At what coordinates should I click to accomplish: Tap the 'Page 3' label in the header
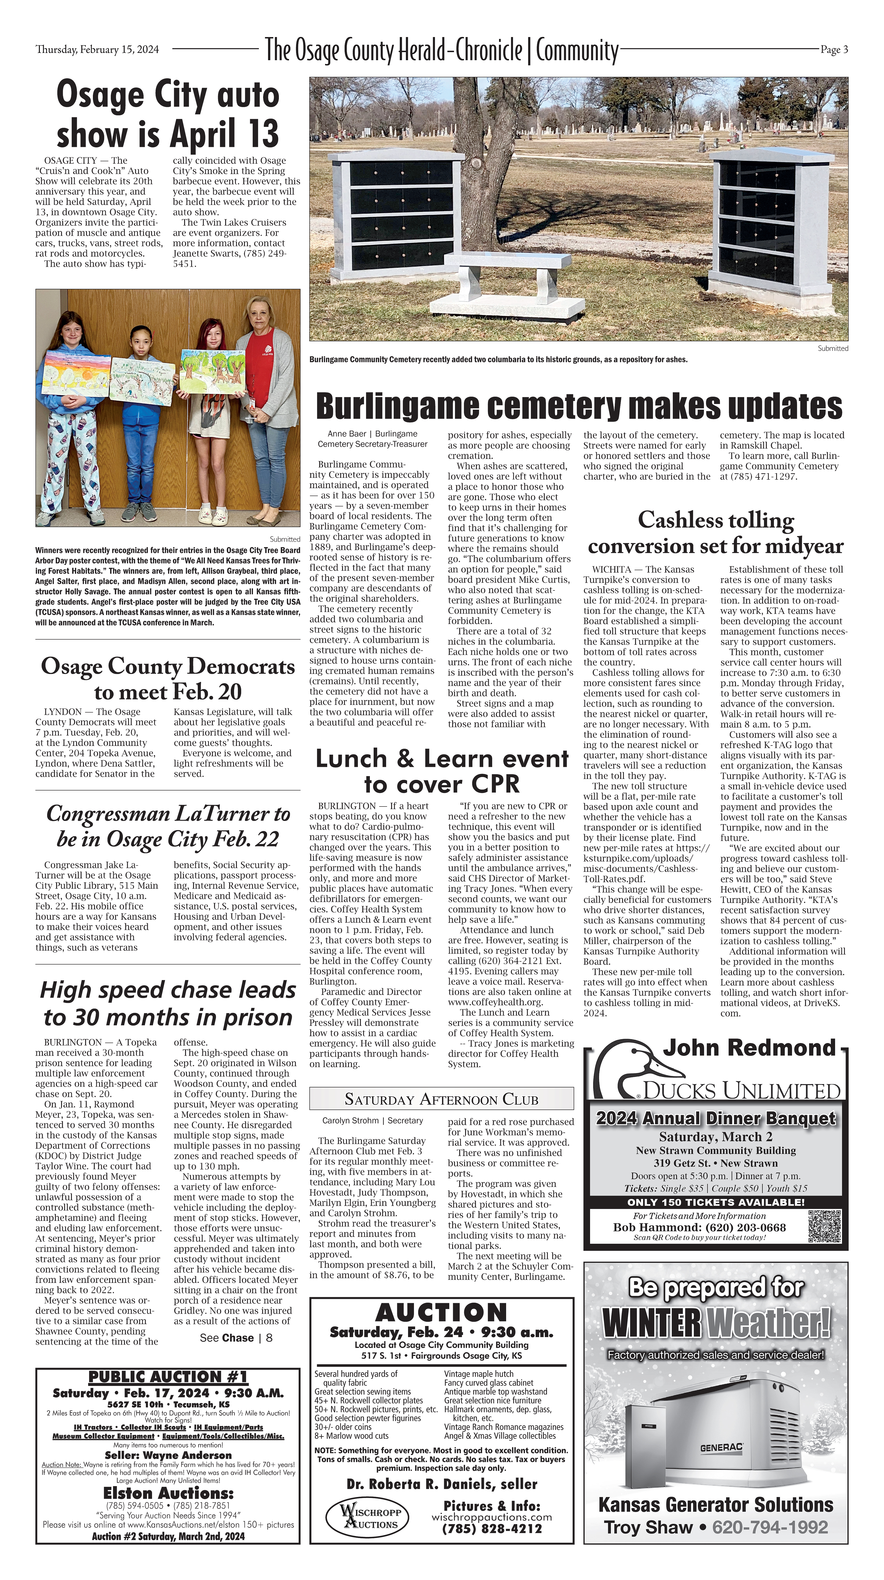[x=834, y=50]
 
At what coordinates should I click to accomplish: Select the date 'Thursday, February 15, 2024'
[x=97, y=50]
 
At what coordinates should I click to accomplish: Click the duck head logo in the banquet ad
[x=638, y=1069]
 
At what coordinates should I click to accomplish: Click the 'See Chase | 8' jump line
[x=236, y=1338]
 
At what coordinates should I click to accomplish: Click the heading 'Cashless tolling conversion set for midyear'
[x=715, y=532]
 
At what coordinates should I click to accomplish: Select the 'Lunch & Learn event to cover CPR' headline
[x=441, y=771]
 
